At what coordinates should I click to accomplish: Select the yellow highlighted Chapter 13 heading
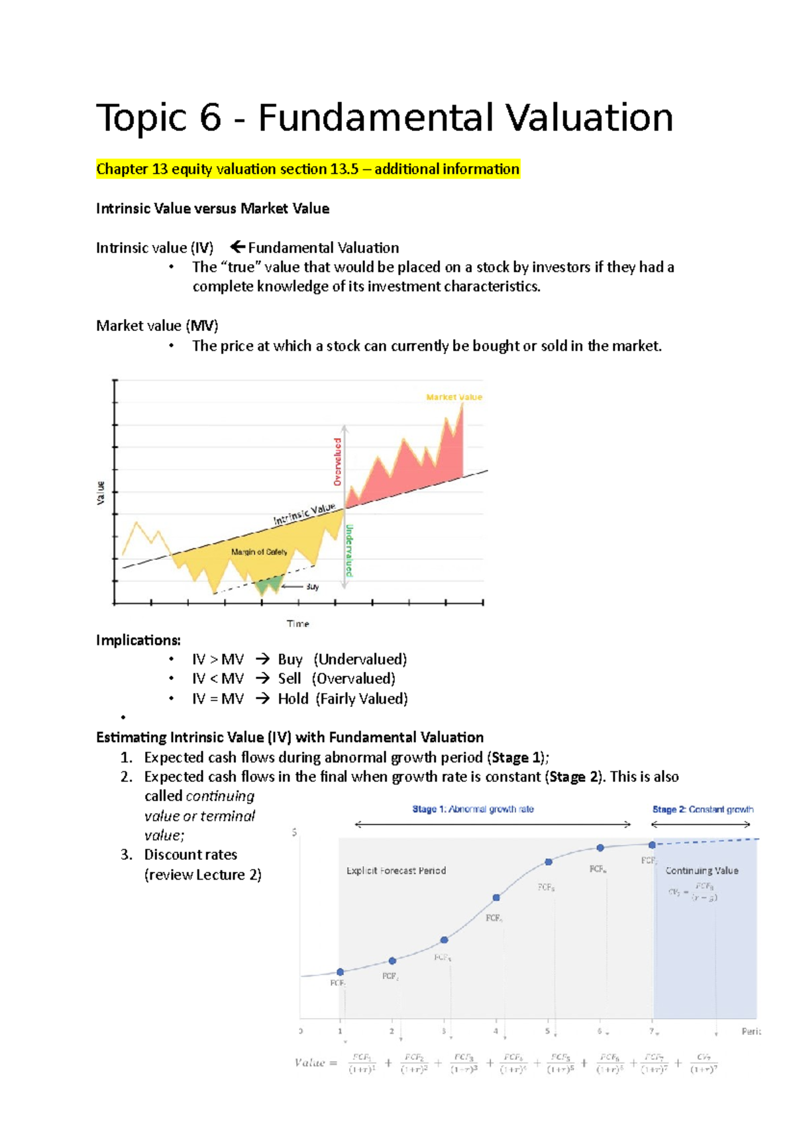point(307,169)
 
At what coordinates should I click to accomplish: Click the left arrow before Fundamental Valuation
point(237,248)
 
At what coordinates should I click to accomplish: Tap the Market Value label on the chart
point(454,397)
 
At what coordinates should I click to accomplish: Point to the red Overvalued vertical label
point(338,461)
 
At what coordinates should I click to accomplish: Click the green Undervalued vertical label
point(349,550)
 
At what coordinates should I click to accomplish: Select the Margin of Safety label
point(259,552)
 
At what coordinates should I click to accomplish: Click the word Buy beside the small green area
point(312,587)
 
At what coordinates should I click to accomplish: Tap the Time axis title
point(297,624)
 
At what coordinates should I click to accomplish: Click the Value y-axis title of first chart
point(101,492)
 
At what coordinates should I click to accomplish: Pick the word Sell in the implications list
point(289,679)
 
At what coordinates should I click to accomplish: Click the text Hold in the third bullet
point(293,698)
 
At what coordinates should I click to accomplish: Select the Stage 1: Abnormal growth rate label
point(472,809)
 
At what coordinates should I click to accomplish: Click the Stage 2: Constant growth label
point(702,809)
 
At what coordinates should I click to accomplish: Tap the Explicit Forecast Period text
point(396,870)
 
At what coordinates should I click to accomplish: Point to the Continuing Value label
point(701,870)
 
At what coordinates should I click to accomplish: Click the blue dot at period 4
point(496,898)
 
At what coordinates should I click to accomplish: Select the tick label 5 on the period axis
point(547,1031)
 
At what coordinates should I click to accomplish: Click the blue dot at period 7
point(652,845)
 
